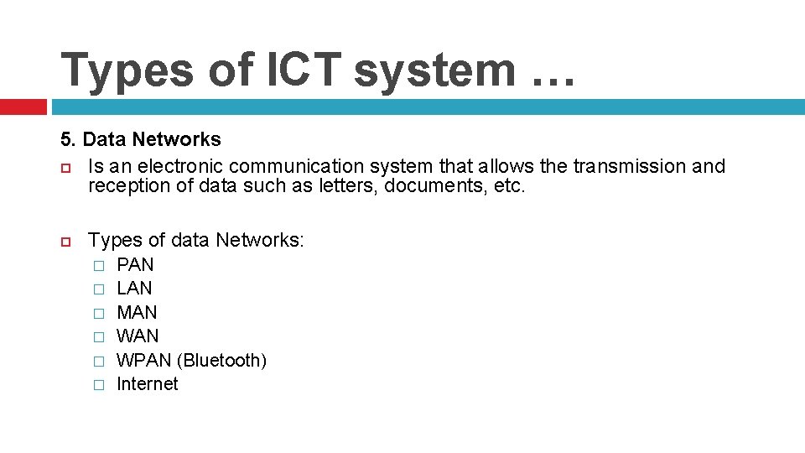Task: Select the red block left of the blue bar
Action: pos(23,107)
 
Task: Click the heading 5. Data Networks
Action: pos(140,139)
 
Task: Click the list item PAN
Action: pos(135,264)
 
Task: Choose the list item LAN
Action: pos(134,288)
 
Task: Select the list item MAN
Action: pos(137,312)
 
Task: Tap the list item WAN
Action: pos(137,336)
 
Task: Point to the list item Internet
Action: pos(148,383)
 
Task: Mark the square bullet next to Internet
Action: pos(98,385)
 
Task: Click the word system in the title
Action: pos(434,70)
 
